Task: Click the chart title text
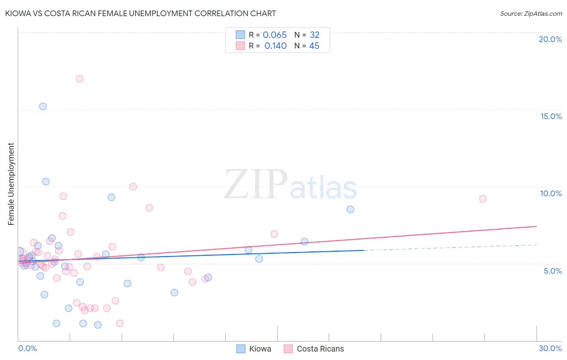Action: point(140,13)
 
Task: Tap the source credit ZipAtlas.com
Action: point(531,13)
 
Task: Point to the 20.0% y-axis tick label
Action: point(550,39)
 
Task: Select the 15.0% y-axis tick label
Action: point(551,116)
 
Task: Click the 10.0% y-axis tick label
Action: point(551,193)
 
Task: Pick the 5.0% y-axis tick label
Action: point(552,271)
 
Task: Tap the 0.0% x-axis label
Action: point(27,348)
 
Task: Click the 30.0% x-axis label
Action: point(550,348)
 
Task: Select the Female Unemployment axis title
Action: point(11,184)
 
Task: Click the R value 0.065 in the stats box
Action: point(275,35)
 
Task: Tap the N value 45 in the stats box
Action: point(314,46)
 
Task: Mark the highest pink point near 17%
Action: point(79,79)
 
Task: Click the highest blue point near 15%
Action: point(43,107)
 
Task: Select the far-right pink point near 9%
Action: point(483,199)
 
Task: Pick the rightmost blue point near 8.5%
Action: point(350,209)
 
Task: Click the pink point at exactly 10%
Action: point(133,186)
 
